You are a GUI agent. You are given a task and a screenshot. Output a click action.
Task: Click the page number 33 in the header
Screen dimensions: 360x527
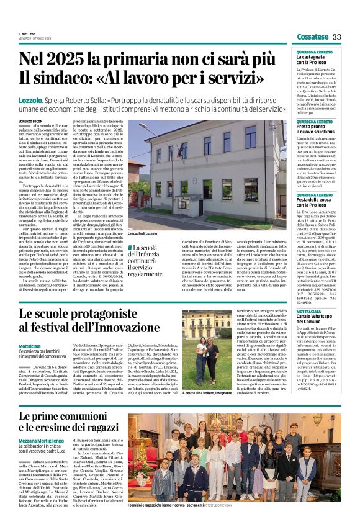coord(337,37)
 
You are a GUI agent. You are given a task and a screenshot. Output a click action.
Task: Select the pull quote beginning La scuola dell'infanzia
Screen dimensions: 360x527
coord(154,260)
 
